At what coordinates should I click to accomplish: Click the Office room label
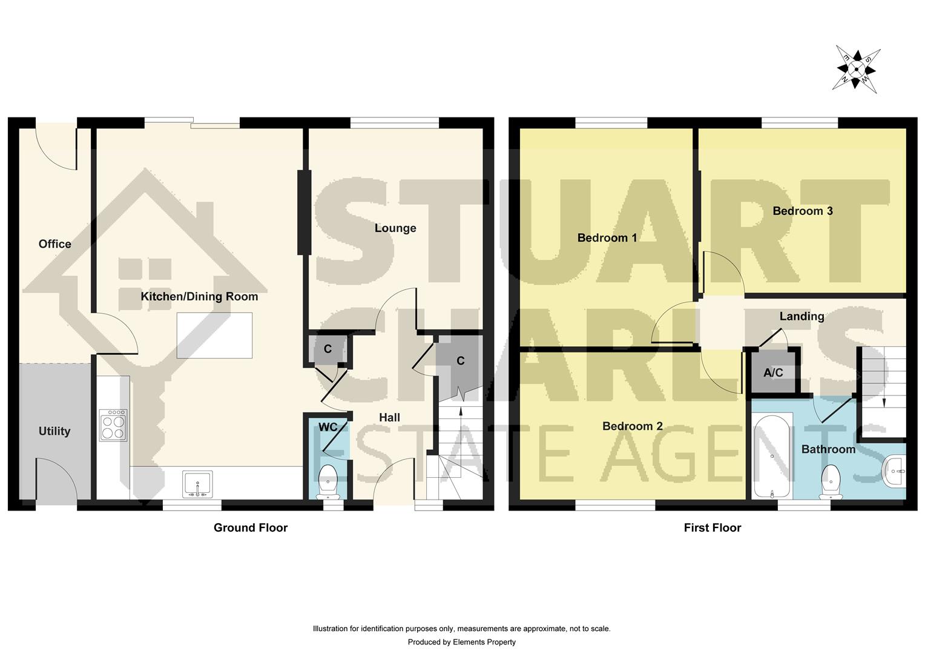click(54, 244)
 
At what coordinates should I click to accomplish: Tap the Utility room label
click(54, 431)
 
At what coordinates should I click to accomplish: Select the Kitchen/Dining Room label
click(199, 297)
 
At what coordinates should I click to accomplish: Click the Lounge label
click(395, 228)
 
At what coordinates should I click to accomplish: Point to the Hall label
click(389, 417)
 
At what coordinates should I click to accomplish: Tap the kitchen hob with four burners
click(113, 424)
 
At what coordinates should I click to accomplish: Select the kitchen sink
click(197, 484)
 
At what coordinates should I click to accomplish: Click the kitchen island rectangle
click(214, 335)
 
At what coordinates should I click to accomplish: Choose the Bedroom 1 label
click(607, 238)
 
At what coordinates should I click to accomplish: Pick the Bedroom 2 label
click(632, 426)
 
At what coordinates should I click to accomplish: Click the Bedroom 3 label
click(803, 211)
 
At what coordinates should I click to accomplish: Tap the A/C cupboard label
click(773, 372)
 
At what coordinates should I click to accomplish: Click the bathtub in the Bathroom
click(772, 455)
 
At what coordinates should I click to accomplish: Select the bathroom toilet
click(831, 481)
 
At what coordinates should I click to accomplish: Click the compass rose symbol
click(856, 68)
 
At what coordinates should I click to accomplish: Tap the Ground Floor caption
click(251, 527)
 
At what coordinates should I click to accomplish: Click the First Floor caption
click(713, 527)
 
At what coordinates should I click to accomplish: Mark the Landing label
click(802, 316)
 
